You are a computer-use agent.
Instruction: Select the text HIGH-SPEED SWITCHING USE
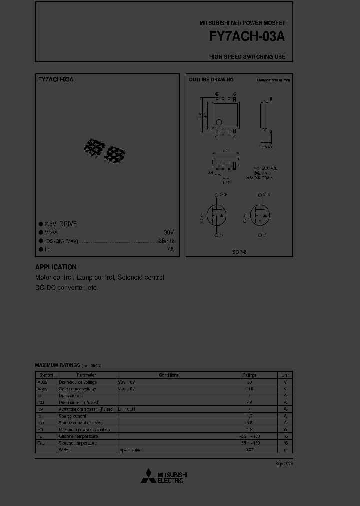pos(247,57)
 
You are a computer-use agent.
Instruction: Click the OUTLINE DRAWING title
pos(211,80)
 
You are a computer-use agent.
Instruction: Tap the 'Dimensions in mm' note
pos(273,80)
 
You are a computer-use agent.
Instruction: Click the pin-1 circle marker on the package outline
pos(219,122)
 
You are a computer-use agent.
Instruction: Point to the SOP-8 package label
pos(239,252)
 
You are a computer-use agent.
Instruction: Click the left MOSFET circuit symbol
pos(216,215)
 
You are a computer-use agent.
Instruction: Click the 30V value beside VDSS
pos(168,232)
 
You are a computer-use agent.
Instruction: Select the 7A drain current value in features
pos(170,249)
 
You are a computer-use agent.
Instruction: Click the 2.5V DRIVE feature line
pos(60,224)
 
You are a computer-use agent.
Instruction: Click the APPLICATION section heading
pos(56,267)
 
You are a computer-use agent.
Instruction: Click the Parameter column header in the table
pos(86,375)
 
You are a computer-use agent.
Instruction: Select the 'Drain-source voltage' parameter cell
pos(78,382)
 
